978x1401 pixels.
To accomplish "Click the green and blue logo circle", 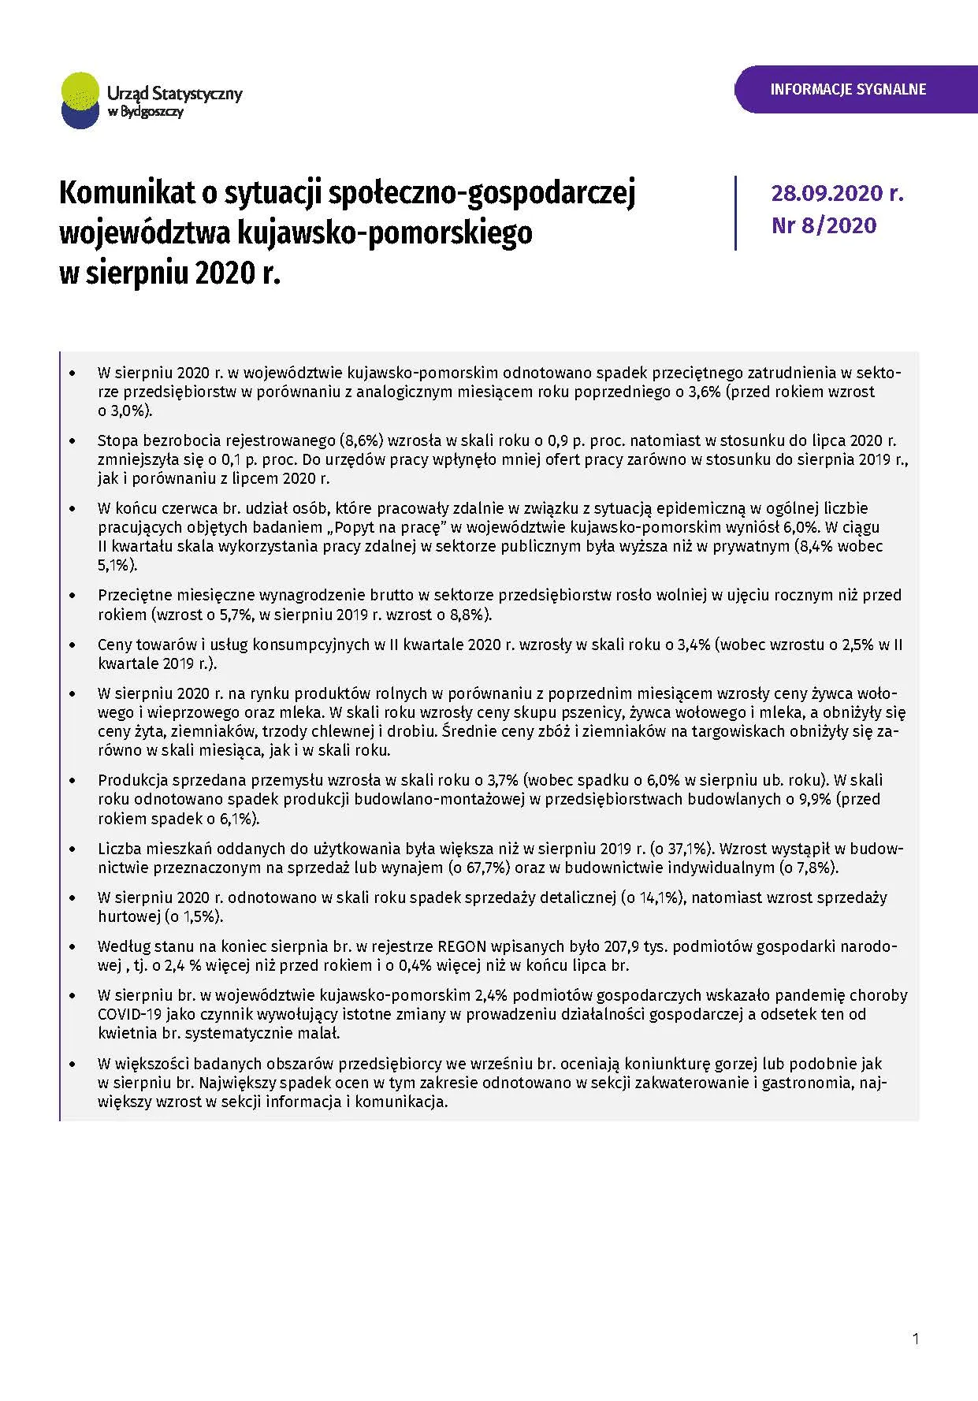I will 80,99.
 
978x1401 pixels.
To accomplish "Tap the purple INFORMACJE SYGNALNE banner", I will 848,89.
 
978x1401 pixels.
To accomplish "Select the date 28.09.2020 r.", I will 837,193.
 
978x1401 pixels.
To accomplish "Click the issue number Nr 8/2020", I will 824,225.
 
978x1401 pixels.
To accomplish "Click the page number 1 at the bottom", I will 915,1338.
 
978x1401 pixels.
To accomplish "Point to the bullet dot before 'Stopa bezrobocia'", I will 73,442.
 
